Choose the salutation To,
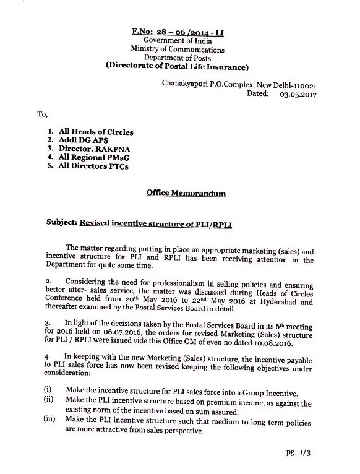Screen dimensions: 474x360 click(x=43, y=114)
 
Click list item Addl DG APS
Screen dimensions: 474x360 click(x=84, y=141)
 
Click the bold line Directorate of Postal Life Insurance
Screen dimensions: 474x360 click(x=178, y=66)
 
